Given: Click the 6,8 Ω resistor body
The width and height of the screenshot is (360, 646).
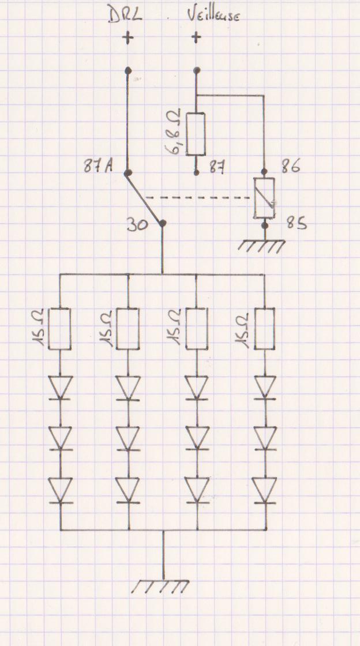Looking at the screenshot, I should (197, 134).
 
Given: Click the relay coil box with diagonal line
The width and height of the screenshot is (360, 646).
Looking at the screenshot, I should (265, 198).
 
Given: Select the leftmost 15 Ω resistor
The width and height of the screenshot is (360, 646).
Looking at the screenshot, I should (60, 329).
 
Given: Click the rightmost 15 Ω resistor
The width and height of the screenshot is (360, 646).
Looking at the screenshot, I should (265, 329).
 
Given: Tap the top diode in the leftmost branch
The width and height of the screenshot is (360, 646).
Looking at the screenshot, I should (60, 387).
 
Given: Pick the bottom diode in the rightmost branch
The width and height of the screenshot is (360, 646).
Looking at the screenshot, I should (265, 491).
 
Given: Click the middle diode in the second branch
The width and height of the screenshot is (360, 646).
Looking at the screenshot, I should (128, 438).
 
